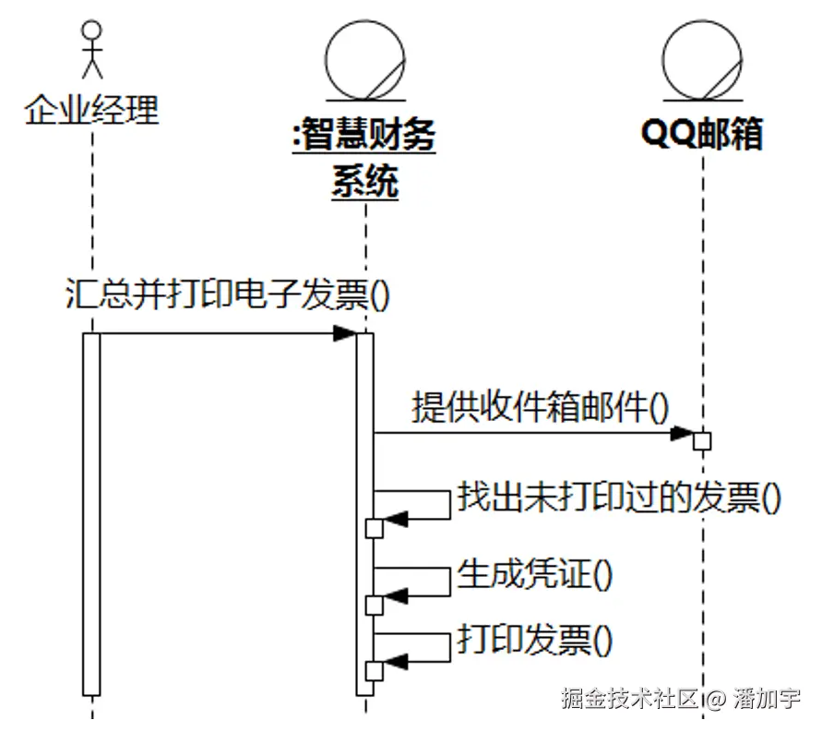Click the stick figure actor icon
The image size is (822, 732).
pos(90,51)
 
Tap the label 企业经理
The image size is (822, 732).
pos(91,111)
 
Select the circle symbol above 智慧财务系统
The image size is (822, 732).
pos(365,58)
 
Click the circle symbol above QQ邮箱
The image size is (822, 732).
pos(702,58)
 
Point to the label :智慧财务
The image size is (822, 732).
pos(363,137)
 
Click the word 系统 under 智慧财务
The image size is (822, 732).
pos(364,181)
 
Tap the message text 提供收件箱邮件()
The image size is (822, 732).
pos(540,406)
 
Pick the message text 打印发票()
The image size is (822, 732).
pos(535,640)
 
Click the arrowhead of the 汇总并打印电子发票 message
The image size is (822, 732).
pos(345,333)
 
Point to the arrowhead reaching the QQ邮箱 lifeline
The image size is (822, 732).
pos(684,432)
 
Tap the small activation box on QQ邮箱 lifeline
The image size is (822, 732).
pos(702,440)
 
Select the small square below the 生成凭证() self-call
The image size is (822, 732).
pos(374,605)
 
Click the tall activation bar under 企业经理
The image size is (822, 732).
pos(90,512)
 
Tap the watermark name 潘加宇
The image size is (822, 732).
pos(768,699)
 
